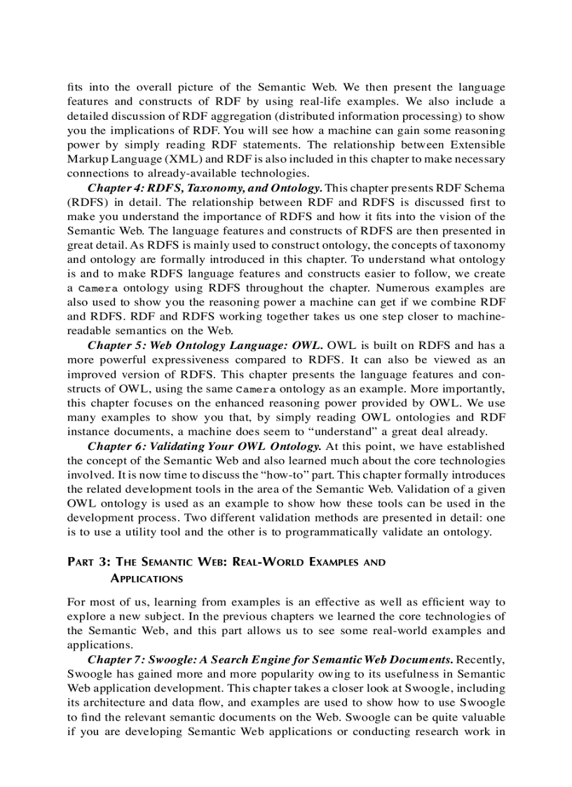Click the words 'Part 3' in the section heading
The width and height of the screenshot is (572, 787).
(88, 563)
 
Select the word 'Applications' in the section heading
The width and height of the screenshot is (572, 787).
(147, 579)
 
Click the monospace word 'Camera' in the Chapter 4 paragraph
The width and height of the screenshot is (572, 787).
(97, 289)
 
